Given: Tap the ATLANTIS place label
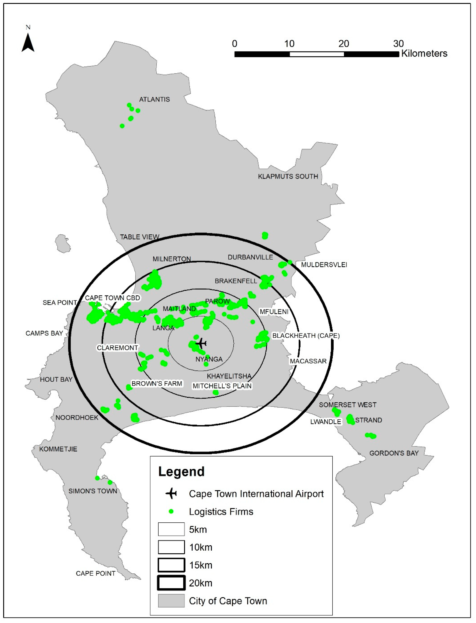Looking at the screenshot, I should (x=154, y=99).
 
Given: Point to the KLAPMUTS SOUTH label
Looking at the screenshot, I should (x=288, y=176).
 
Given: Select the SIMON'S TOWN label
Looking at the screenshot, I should (x=93, y=491).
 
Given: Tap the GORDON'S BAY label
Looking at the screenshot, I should (x=394, y=453).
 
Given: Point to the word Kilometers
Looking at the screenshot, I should (x=424, y=54).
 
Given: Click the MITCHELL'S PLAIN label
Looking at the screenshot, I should (x=222, y=386).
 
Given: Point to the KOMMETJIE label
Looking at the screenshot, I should (x=58, y=449).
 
